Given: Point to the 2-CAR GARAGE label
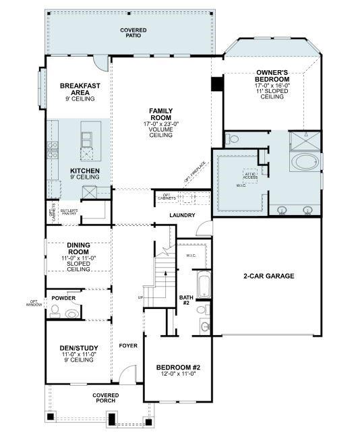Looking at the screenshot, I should tap(269, 276).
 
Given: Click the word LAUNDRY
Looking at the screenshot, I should tap(182, 216).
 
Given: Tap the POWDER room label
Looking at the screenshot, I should tap(63, 297).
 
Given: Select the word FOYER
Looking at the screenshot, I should tap(128, 346).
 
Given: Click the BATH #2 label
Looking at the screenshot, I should tap(186, 300).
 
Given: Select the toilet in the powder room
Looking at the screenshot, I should tap(57, 311).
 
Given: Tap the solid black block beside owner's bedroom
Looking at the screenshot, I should tap(217, 84).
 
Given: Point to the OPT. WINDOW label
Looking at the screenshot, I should tap(34, 303).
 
